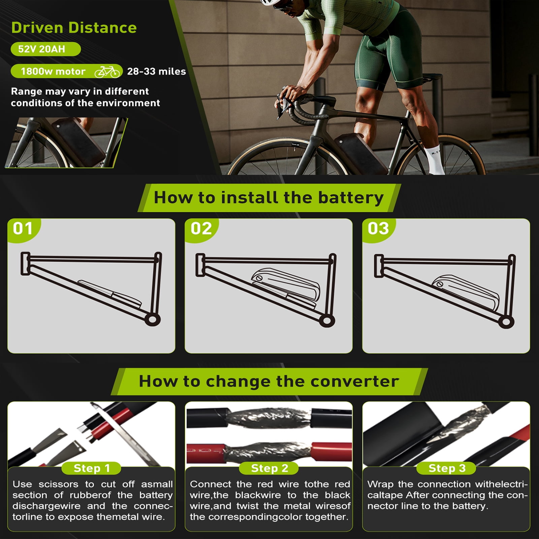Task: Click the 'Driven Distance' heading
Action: (74, 28)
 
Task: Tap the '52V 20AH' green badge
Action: (45, 49)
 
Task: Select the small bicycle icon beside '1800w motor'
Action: (107, 71)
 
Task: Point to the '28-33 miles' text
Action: (156, 71)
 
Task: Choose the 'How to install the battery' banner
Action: (269, 198)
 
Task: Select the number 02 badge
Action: (201, 229)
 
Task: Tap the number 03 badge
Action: (379, 229)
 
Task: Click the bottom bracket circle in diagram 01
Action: (152, 319)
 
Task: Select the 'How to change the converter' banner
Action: (269, 381)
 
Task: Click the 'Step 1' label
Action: (92, 468)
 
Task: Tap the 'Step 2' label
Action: (269, 468)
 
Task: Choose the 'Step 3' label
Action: (447, 468)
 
